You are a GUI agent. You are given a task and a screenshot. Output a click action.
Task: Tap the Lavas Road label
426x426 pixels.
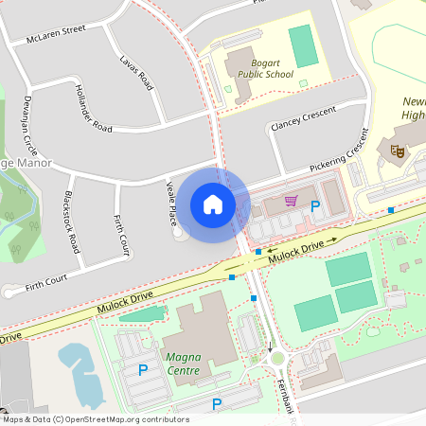click(136, 72)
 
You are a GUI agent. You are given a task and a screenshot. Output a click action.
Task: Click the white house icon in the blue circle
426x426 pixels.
click(212, 204)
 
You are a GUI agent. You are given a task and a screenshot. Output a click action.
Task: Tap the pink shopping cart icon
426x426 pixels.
click(292, 201)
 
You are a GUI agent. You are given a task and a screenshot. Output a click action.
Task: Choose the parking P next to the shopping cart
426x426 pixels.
click(315, 205)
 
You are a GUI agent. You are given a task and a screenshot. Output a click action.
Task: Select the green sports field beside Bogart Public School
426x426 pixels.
click(303, 45)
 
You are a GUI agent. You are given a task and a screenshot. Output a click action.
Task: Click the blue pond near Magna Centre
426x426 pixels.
click(80, 373)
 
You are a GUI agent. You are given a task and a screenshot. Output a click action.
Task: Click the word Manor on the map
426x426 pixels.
click(28, 163)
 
